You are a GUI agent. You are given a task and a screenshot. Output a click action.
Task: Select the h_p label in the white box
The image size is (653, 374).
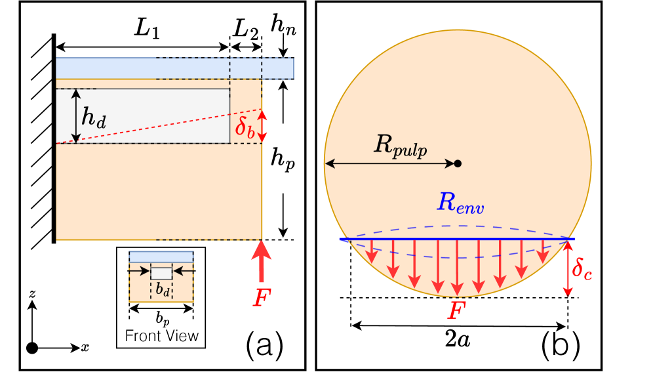[283, 159]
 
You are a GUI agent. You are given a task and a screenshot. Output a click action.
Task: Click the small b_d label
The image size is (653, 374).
[163, 289]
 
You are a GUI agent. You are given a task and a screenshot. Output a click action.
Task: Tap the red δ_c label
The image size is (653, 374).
[582, 269]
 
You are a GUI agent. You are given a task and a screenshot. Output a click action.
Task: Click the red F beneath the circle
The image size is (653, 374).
[456, 310]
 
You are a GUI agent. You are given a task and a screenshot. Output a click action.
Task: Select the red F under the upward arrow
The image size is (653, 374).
[261, 299]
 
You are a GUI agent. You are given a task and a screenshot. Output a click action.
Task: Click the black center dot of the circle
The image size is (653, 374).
[458, 163]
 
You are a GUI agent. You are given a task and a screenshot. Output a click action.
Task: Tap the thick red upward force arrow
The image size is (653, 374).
[262, 262]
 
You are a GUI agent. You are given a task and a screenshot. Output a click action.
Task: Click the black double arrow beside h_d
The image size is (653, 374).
[76, 116]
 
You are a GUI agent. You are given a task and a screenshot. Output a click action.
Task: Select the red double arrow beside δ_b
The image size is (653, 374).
[262, 126]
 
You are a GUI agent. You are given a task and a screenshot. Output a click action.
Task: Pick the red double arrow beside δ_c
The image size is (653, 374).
[568, 269]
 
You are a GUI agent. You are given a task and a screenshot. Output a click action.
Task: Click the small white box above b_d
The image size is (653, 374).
[161, 274]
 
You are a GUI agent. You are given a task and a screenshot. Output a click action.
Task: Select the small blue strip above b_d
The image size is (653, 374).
[161, 257]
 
